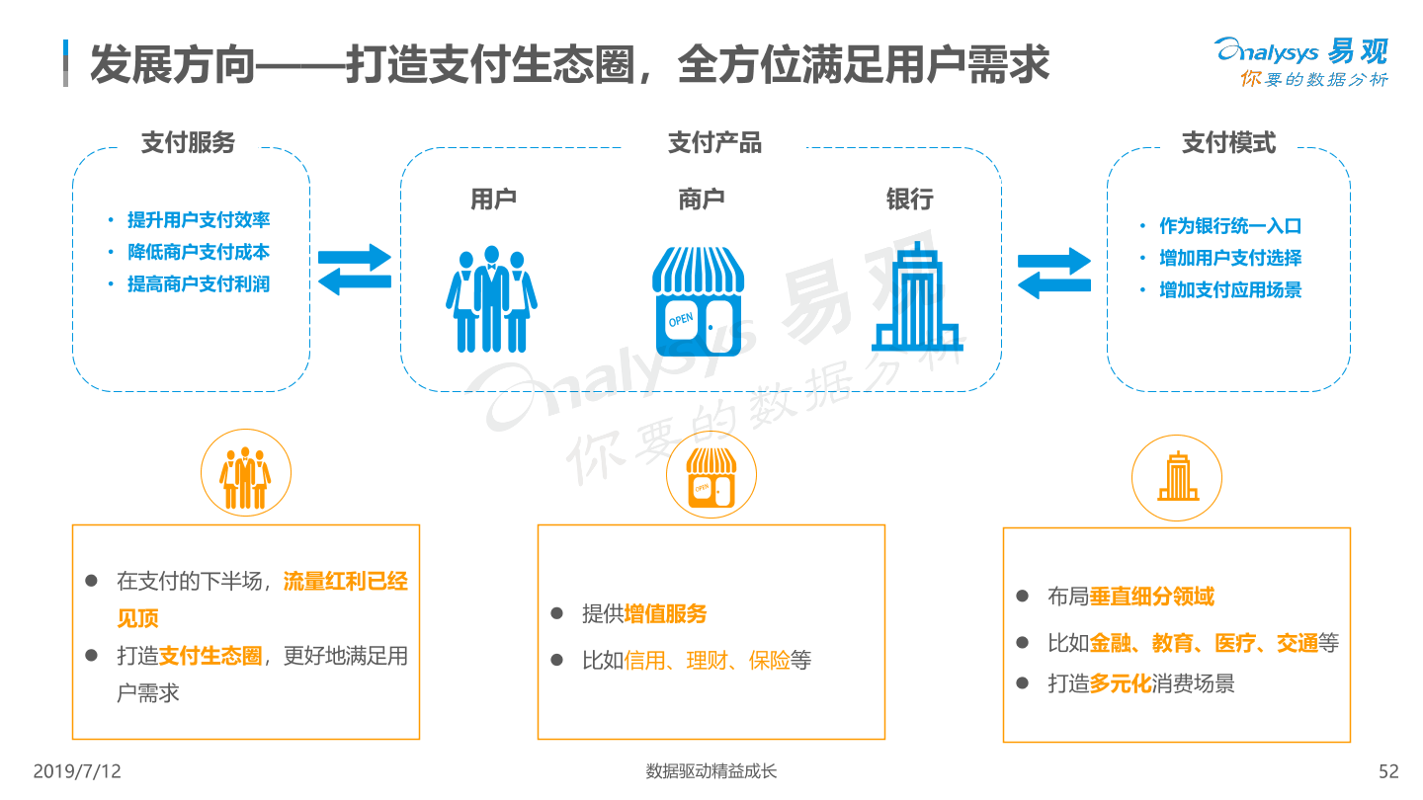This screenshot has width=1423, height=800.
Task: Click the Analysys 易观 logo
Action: (1301, 61)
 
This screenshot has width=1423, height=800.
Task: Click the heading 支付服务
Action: (188, 142)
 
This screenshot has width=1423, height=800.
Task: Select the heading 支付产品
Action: (714, 142)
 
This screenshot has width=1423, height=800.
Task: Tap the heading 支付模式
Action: (1228, 142)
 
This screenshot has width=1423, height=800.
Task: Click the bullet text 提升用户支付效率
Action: (199, 219)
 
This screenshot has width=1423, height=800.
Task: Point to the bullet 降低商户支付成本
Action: (199, 252)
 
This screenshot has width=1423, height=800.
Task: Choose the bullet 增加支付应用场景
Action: (1230, 290)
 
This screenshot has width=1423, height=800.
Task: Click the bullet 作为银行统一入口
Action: (1230, 225)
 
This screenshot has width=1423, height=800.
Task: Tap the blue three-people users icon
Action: (492, 299)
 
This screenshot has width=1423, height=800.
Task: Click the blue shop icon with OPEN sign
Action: (698, 301)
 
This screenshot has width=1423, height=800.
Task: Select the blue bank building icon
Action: (917, 296)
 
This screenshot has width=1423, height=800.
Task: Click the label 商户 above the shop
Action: (702, 200)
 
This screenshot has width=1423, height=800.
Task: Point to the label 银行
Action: (910, 200)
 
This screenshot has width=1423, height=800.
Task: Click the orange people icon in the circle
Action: (245, 477)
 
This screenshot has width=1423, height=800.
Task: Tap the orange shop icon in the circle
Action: (711, 478)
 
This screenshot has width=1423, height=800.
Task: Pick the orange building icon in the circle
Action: (1178, 476)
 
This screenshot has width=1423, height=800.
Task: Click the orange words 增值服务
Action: (665, 614)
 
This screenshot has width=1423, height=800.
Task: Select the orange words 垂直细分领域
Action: (1152, 597)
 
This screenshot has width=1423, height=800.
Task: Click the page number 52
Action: (1388, 771)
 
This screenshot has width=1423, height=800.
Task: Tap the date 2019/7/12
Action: (77, 771)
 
